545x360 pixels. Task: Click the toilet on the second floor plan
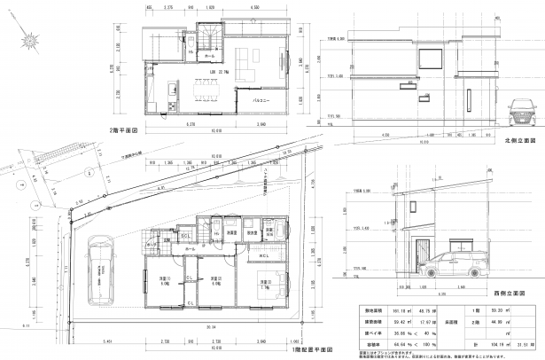point(191,54)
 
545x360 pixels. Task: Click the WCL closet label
point(263,256)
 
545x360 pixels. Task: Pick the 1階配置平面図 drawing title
point(309,350)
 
